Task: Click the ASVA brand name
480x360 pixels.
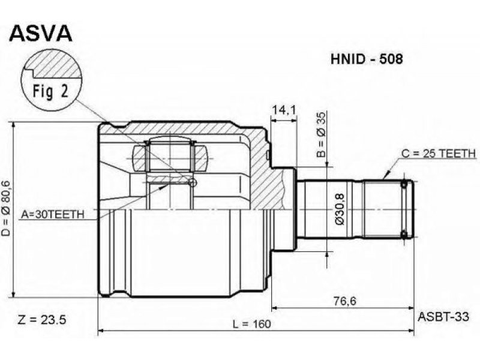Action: tap(41, 33)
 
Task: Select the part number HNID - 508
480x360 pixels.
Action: tap(367, 59)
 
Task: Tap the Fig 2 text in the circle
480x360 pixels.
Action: tap(51, 91)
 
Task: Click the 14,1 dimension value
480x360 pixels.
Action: tap(284, 110)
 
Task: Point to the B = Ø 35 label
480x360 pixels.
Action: tap(322, 134)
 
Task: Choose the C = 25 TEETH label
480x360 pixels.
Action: tap(439, 154)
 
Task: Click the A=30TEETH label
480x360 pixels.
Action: tap(52, 215)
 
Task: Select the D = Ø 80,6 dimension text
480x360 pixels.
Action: tap(6, 208)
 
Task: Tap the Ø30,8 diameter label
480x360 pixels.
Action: tap(340, 209)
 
